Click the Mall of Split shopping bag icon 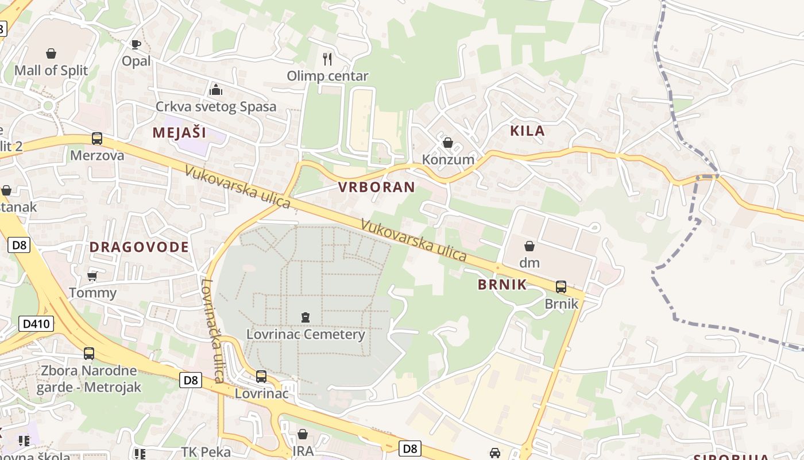pos(51,53)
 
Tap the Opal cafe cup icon pos(136,44)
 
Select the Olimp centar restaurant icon pos(327,59)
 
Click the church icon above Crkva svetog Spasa pos(216,90)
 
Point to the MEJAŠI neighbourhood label pos(179,133)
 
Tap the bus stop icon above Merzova pos(97,139)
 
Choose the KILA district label pos(527,131)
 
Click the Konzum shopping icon pos(448,142)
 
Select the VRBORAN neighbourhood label pos(376,187)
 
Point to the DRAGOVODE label pos(139,247)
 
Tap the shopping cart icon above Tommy pos(92,277)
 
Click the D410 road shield pos(37,324)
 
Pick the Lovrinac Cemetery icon pos(305,317)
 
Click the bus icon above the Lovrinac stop pos(261,377)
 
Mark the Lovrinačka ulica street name pos(211,331)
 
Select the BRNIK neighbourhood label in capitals pos(502,285)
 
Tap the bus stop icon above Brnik pos(561,286)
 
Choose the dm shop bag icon pos(529,246)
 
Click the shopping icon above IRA pos(303,434)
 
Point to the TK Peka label pos(206,452)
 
